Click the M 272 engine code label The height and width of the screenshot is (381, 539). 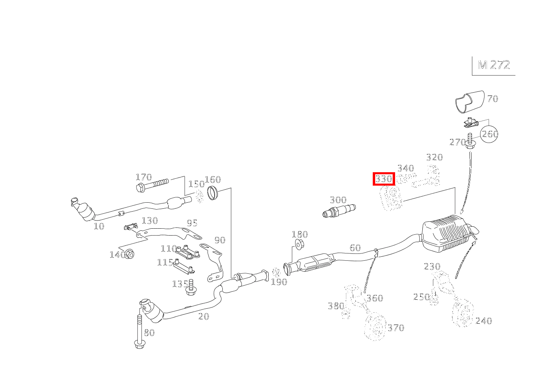pyautogui.click(x=493, y=65)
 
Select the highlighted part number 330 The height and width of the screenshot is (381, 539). pyautogui.click(x=384, y=179)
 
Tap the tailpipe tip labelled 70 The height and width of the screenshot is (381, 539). pyautogui.click(x=469, y=101)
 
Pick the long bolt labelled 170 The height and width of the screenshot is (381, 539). pyautogui.click(x=153, y=186)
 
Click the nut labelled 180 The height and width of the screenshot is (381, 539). pyautogui.click(x=299, y=245)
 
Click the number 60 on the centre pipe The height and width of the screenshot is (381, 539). pyautogui.click(x=355, y=247)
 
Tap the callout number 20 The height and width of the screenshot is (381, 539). pyautogui.click(x=203, y=316)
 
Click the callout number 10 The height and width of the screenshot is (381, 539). pyautogui.click(x=99, y=226)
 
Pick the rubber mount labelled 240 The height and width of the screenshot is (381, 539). pyautogui.click(x=463, y=314)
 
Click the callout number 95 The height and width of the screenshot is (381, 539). pyautogui.click(x=192, y=223)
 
